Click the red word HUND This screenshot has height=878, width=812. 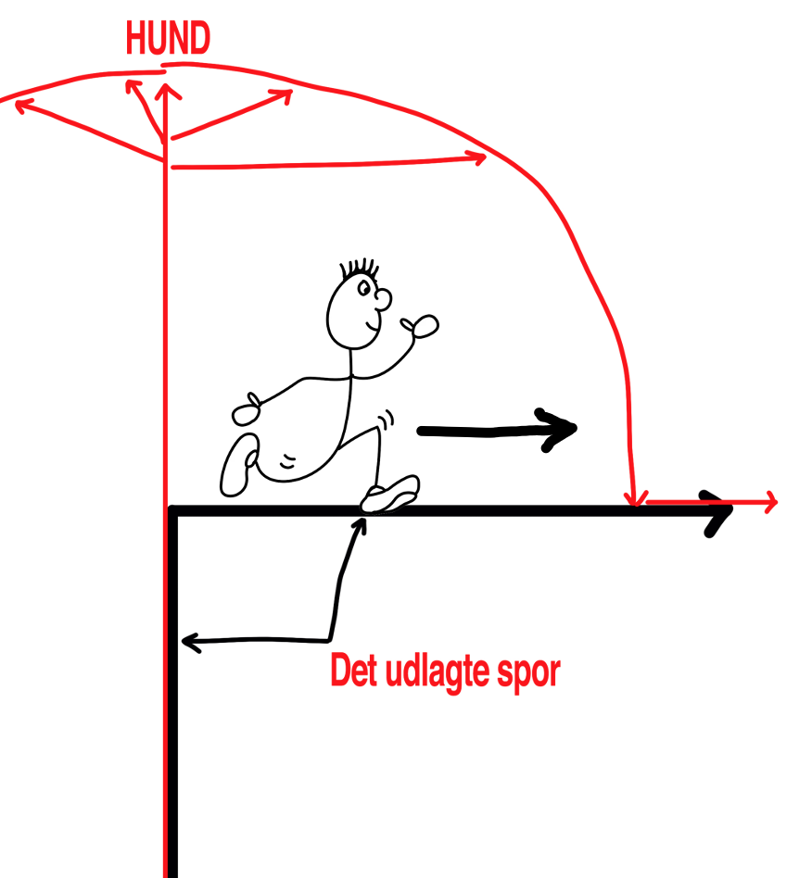pos(168,38)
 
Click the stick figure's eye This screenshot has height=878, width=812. pos(363,288)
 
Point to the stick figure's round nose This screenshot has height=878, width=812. pos(384,299)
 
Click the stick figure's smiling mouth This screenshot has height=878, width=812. pos(372,325)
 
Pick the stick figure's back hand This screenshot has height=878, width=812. pos(247,410)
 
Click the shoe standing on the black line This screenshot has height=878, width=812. pos(390,494)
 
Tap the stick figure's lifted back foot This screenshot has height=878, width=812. pos(239,465)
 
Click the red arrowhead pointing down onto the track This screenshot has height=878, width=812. pos(635,497)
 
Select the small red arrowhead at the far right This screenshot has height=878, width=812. pos(770,502)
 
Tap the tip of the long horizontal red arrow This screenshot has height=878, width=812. pos(486,157)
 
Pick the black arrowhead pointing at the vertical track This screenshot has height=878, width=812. pos(191,642)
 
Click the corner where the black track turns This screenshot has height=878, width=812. pos(172,510)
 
